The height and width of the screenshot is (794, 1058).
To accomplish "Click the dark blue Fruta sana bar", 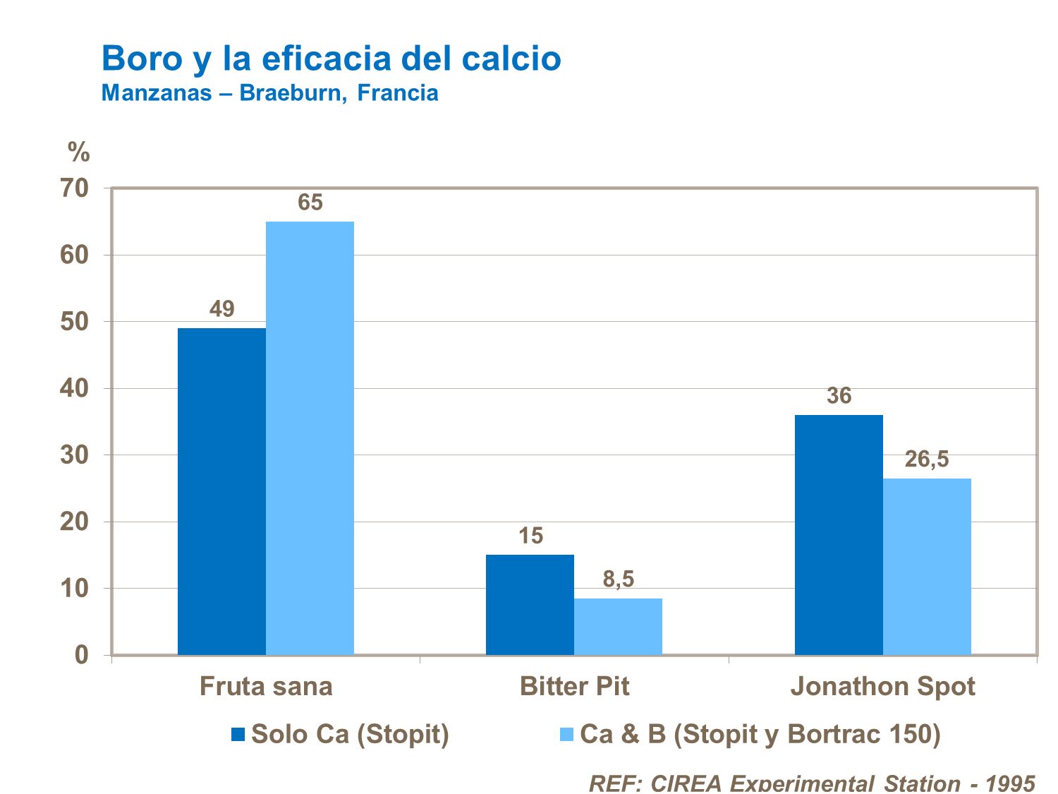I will pyautogui.click(x=221, y=491).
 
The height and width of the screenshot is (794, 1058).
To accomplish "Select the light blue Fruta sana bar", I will pyautogui.click(x=310, y=438).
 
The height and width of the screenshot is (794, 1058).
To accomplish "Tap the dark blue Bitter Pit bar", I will pyautogui.click(x=530, y=604).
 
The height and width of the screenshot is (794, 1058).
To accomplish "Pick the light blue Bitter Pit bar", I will pyautogui.click(x=618, y=626).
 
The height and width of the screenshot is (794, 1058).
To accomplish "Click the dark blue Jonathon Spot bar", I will pyautogui.click(x=839, y=534).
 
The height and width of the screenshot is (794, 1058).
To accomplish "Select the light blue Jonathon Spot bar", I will pyautogui.click(x=927, y=566).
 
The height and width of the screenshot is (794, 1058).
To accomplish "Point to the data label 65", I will pyautogui.click(x=310, y=203).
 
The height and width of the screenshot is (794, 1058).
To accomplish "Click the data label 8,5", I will pyautogui.click(x=619, y=579).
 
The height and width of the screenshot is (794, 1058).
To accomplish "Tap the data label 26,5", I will pyautogui.click(x=927, y=459).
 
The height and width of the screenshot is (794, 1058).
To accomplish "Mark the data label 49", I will pyautogui.click(x=221, y=309).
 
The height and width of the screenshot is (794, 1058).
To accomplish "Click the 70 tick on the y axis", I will pyautogui.click(x=77, y=188).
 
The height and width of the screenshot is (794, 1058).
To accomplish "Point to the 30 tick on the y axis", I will pyautogui.click(x=77, y=455).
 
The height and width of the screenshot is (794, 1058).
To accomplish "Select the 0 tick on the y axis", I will pyautogui.click(x=82, y=655).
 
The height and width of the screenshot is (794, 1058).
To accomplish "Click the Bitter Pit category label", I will pyautogui.click(x=574, y=687).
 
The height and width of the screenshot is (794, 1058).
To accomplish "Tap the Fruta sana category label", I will pyautogui.click(x=266, y=687).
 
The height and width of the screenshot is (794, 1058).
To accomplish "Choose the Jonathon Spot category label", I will pyautogui.click(x=882, y=687).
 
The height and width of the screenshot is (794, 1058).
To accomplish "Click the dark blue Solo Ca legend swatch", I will pyautogui.click(x=238, y=735).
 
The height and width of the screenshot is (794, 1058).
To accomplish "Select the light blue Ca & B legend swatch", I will pyautogui.click(x=566, y=735).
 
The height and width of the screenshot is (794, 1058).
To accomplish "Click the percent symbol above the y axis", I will pyautogui.click(x=79, y=151).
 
